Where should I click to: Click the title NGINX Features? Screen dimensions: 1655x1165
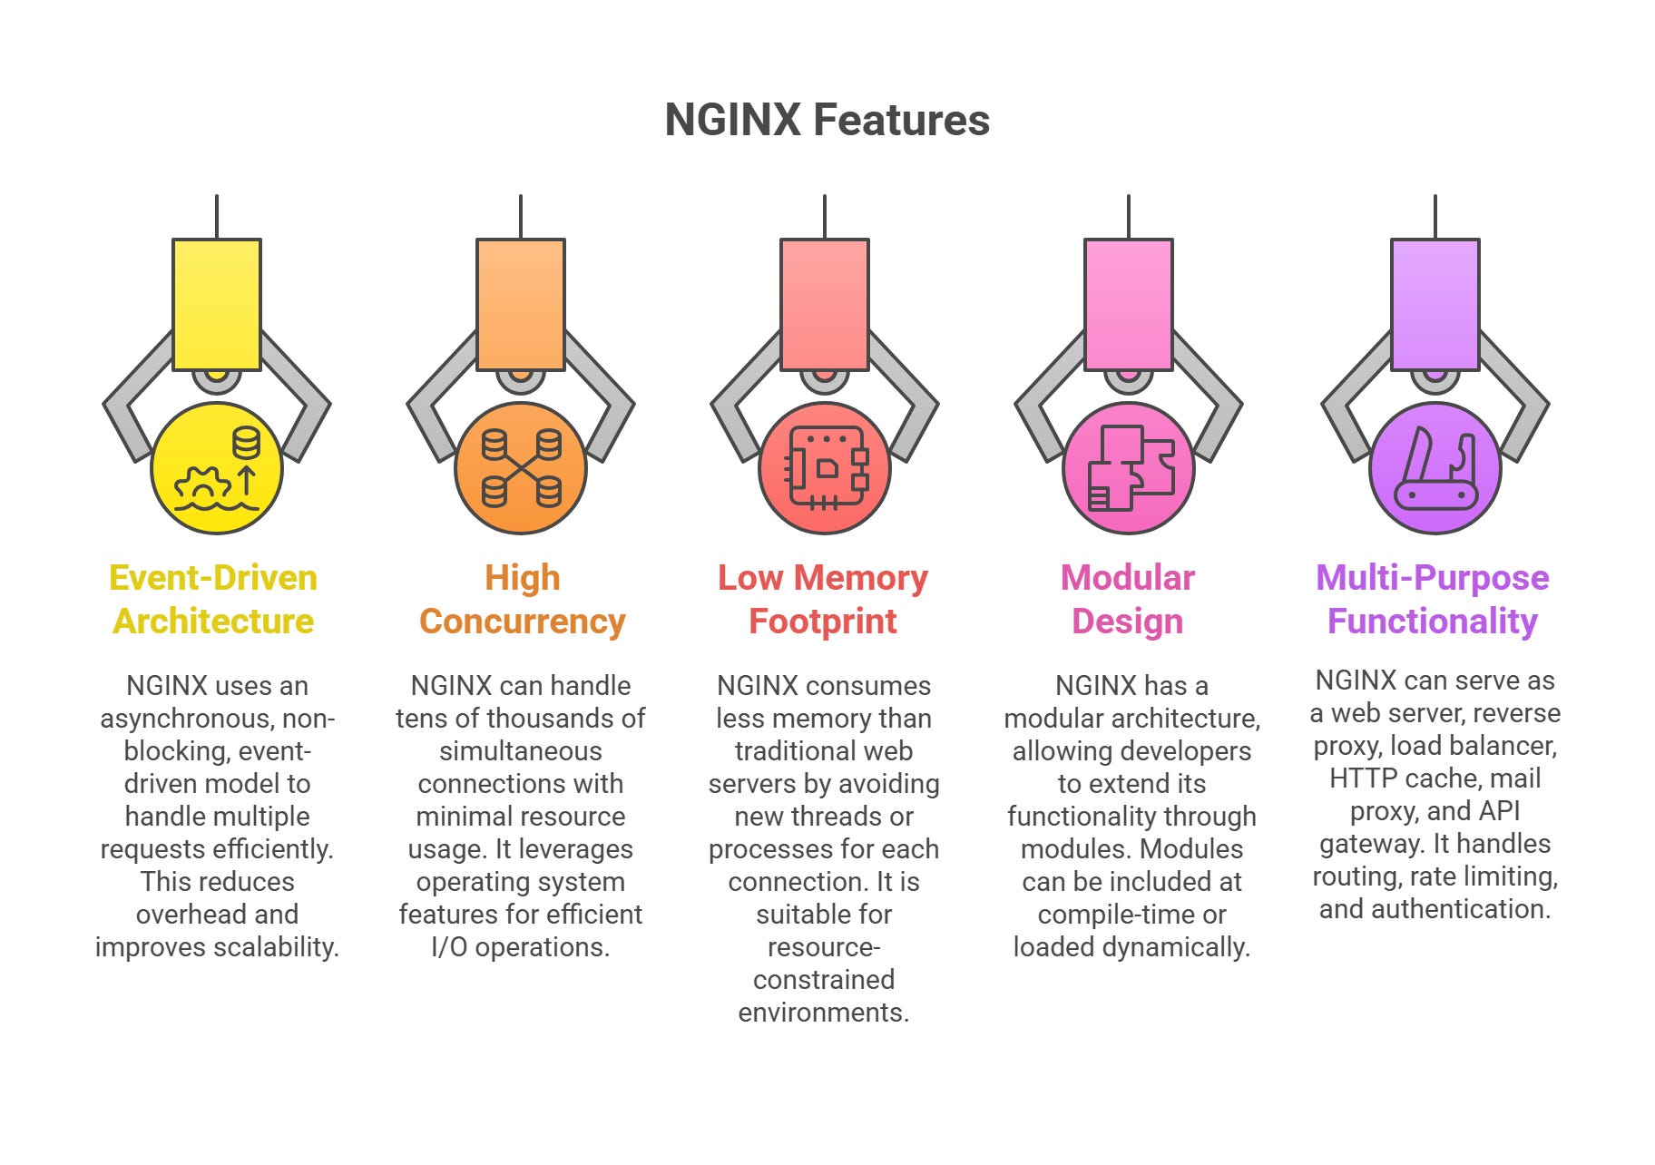click(x=827, y=120)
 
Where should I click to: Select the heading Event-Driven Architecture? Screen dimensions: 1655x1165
click(x=213, y=600)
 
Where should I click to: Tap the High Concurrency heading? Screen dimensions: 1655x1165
click(x=522, y=600)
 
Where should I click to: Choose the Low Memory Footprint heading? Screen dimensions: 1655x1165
click(x=823, y=600)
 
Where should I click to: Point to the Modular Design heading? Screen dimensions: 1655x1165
click(x=1128, y=600)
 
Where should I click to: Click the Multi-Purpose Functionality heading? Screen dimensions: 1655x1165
click(x=1433, y=600)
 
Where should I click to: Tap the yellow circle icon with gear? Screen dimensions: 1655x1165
click(x=217, y=468)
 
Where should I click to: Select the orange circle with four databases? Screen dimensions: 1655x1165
click(x=521, y=468)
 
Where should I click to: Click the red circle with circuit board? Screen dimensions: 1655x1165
click(x=824, y=468)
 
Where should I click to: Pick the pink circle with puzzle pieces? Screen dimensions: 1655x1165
click(x=1129, y=468)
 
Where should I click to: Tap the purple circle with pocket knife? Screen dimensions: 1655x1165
click(x=1435, y=468)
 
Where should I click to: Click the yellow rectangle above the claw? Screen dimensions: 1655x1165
click(x=217, y=304)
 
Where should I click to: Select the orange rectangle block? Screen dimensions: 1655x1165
click(x=521, y=304)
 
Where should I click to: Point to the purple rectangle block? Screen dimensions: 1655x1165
click(x=1435, y=304)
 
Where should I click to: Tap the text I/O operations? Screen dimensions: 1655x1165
click(x=520, y=947)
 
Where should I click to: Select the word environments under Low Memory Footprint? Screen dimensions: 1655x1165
click(x=823, y=1013)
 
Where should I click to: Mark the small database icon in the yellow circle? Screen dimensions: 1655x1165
click(x=246, y=444)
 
